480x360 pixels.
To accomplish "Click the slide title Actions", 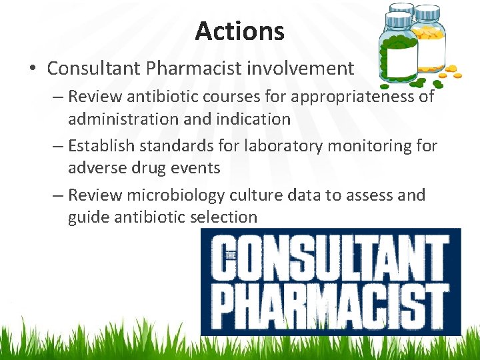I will point(240,31).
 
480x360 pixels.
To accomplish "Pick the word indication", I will point(252,120).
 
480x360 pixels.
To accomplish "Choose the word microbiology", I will point(179,195).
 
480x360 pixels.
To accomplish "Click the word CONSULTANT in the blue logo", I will point(331,256).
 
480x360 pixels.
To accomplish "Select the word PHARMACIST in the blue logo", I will point(331,303).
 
